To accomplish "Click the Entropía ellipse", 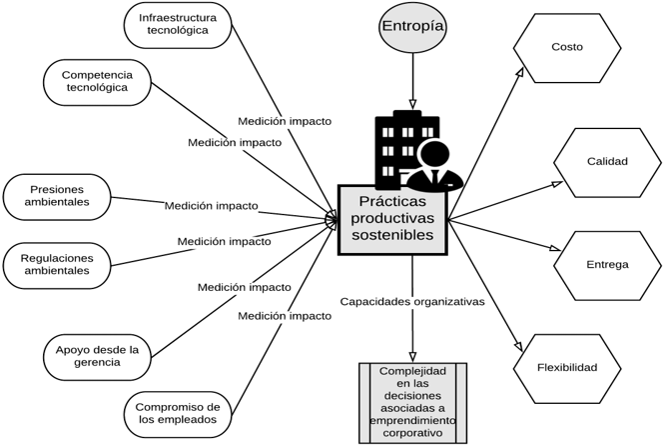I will (411, 27).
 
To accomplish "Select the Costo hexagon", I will (566, 47).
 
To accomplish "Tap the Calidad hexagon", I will (606, 161).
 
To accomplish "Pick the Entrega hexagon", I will (606, 265).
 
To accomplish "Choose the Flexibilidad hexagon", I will (566, 368).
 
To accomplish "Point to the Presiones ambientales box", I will (59, 194).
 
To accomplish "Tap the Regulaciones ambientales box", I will (57, 264).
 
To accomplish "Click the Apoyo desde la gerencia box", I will (97, 355).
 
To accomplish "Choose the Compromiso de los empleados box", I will (178, 412).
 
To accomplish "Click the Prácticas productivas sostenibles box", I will (392, 219).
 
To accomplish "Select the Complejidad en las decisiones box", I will (412, 402).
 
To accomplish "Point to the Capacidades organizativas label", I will (411, 301).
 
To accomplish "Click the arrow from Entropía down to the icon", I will (411, 80).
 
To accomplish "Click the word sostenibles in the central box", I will (392, 237).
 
